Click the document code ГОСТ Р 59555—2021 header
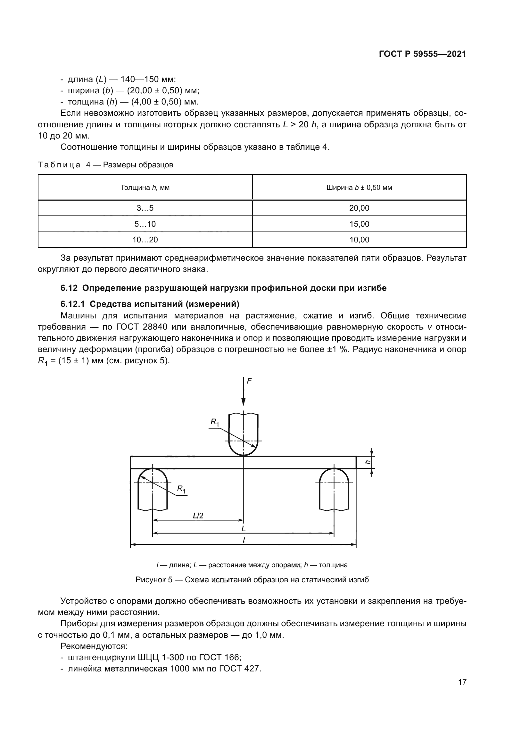422,54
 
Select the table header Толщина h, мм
145,188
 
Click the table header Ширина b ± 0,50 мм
359,188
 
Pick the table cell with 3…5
145,208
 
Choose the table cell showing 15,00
359,224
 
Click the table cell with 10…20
145,240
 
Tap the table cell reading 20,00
359,208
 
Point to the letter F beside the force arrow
249,381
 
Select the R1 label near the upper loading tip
214,422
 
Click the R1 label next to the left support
181,489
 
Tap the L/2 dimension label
198,516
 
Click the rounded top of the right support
334,471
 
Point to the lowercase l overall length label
244,540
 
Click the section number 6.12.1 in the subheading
72,304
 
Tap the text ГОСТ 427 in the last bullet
239,668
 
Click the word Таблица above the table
59,164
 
